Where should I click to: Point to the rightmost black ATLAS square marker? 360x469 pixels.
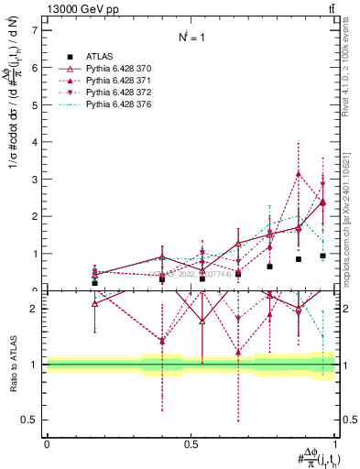point(322,256)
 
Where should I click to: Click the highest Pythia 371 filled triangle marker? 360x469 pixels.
point(299,174)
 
